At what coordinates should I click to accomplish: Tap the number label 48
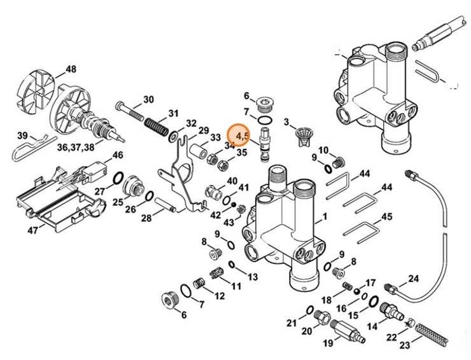(70, 69)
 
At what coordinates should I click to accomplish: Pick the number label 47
(32, 230)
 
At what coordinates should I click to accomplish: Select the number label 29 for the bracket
(204, 130)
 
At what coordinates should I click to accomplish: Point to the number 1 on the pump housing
(325, 216)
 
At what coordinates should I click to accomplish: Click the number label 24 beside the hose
(413, 279)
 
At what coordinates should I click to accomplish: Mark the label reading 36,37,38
(80, 147)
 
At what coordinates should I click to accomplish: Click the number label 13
(253, 277)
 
